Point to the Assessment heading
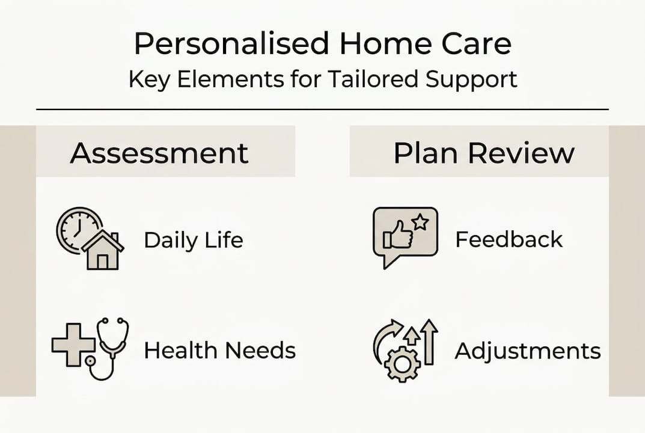[159, 153]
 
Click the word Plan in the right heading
[424, 153]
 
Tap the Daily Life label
[194, 241]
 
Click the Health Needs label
[220, 351]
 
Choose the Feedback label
[509, 239]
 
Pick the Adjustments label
[528, 351]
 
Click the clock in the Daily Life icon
[76, 229]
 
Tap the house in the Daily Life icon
[103, 251]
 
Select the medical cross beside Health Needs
[73, 345]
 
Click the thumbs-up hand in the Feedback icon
[399, 235]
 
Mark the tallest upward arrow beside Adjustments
[429, 341]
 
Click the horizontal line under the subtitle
[322, 109]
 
